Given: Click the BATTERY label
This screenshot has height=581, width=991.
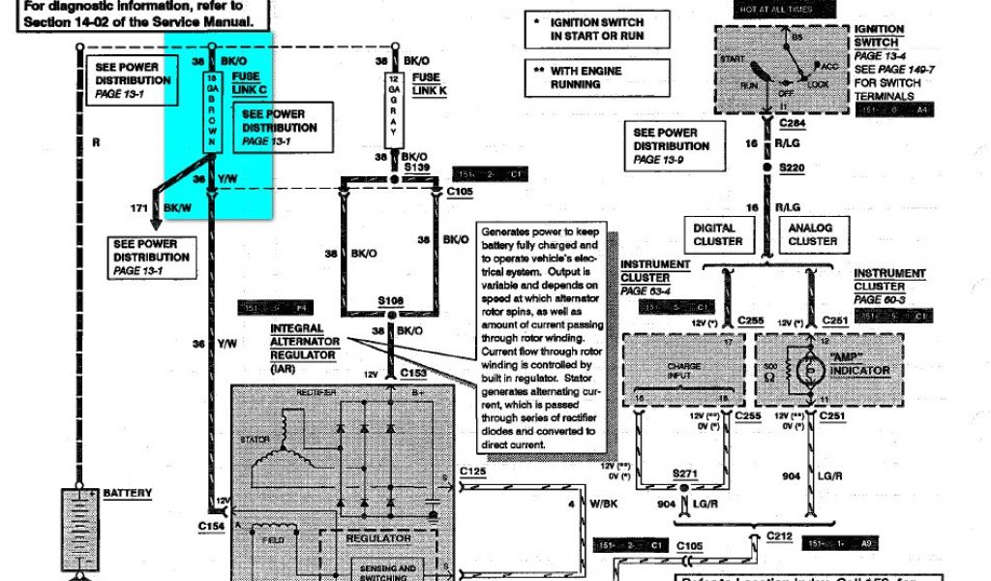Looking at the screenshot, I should (128, 493).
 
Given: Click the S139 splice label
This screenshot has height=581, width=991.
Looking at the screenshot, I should (418, 168).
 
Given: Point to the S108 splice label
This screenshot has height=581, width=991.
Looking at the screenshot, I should (391, 301).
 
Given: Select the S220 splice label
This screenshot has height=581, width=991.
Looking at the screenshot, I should (793, 168).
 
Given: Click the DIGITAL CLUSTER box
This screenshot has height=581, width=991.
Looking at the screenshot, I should (718, 234).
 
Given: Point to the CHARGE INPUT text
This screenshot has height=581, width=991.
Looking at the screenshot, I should (683, 371).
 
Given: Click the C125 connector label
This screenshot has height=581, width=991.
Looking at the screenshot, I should (472, 471).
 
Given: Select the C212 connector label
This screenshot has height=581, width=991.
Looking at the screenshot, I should (780, 534).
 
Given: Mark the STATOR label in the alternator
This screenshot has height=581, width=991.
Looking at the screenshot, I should (255, 440).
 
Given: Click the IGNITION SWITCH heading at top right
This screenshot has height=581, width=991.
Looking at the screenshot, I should (879, 36).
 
